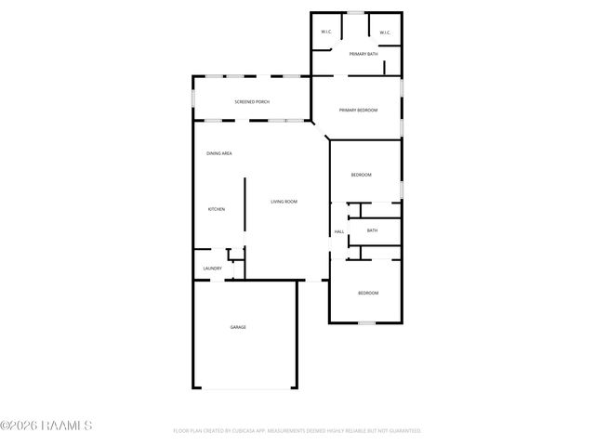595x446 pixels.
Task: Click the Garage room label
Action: click(x=238, y=327)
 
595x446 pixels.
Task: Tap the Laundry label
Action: click(x=212, y=269)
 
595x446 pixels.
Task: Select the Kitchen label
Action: click(x=217, y=209)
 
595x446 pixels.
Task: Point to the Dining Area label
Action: click(x=219, y=153)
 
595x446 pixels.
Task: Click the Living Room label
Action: click(x=284, y=202)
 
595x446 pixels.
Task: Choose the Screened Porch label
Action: click(x=252, y=101)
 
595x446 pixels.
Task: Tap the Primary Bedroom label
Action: click(x=358, y=111)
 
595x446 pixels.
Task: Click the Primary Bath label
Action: click(x=364, y=55)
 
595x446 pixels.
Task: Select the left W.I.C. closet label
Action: click(x=326, y=33)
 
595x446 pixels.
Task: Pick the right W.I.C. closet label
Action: click(x=385, y=33)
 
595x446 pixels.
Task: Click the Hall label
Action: click(x=339, y=231)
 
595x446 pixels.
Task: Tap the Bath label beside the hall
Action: click(x=372, y=230)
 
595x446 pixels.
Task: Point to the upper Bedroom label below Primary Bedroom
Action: click(x=362, y=175)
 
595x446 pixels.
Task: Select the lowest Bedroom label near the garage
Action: click(x=368, y=293)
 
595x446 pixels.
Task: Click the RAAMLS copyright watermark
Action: click(x=46, y=426)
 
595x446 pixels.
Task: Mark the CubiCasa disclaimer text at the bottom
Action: click(x=297, y=431)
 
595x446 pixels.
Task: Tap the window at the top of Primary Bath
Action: click(x=355, y=12)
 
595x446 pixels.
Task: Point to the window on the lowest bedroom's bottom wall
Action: click(x=366, y=322)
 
